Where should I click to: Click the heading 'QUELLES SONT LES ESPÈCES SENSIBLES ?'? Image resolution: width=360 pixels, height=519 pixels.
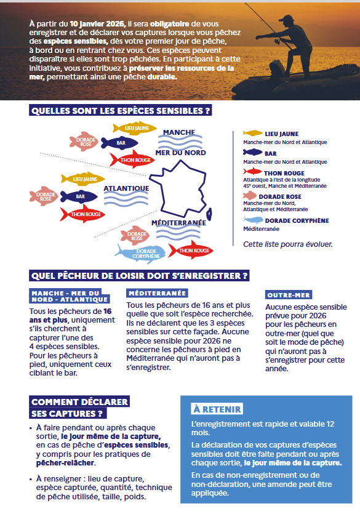click(x=121, y=111)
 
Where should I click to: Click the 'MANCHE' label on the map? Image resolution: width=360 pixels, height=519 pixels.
click(x=179, y=132)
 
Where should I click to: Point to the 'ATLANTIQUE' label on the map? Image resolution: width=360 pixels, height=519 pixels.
click(x=126, y=188)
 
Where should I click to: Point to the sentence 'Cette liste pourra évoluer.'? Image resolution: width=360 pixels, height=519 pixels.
click(x=287, y=244)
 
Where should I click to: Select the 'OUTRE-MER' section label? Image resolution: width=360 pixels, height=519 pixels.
click(x=289, y=295)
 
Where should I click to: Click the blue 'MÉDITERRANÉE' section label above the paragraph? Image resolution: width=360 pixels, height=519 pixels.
click(x=157, y=293)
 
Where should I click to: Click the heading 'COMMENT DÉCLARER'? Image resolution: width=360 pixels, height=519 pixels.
click(x=79, y=402)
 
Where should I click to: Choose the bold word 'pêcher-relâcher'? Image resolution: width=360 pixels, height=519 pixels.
click(x=61, y=463)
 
